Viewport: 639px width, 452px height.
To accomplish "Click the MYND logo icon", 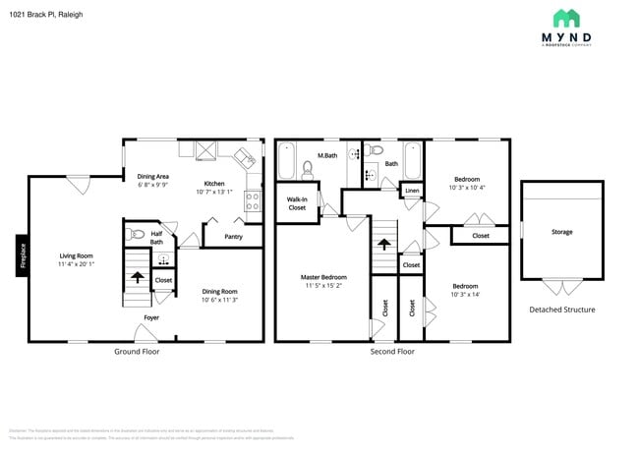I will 566,18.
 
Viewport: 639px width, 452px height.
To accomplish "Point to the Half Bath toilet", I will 138,234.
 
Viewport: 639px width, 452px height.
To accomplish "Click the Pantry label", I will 233,236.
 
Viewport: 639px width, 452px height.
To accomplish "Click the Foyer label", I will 151,317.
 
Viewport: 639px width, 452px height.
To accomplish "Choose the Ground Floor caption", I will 137,351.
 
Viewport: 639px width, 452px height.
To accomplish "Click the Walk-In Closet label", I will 297,203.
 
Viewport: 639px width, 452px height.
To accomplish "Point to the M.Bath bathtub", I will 287,161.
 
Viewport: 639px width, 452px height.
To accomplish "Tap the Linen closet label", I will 411,190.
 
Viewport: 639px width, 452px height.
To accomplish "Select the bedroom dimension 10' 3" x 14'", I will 466,294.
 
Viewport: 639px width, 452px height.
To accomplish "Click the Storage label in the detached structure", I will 561,231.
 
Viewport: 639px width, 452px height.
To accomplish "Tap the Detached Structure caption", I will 561,310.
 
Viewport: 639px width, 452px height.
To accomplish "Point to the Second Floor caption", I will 393,351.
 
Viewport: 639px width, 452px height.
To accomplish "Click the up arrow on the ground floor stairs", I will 136,280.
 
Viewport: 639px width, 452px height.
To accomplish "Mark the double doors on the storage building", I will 561,287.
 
